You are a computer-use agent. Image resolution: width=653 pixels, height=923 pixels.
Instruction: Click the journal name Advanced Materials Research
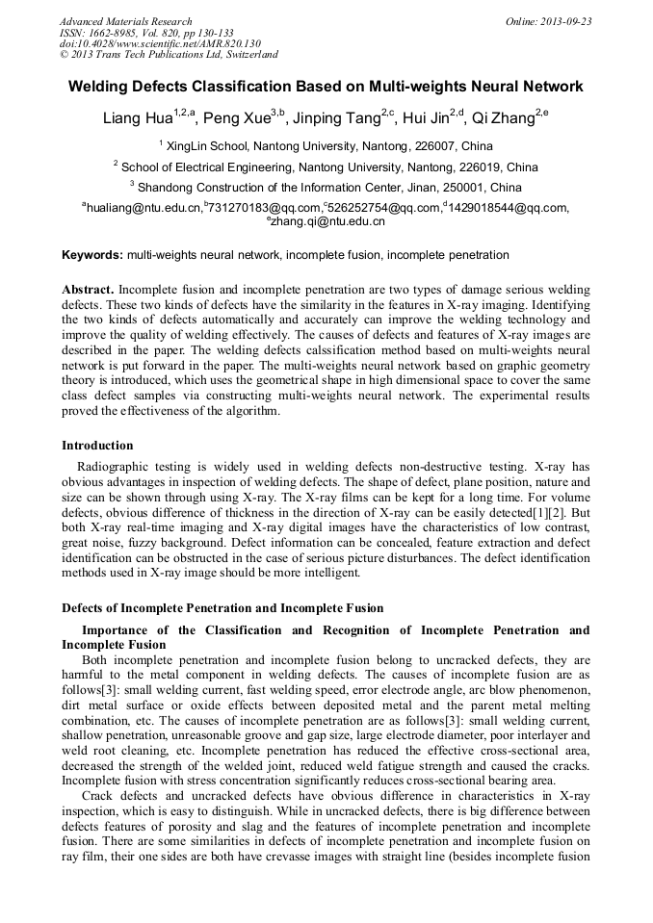click(x=125, y=21)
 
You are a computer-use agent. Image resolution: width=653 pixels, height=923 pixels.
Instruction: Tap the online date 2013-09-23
click(x=562, y=21)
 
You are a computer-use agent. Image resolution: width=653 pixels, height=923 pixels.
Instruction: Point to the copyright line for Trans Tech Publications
click(x=169, y=56)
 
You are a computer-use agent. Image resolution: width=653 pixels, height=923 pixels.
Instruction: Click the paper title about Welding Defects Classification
click(x=326, y=87)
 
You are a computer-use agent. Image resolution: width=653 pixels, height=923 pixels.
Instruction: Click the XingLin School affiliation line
click(x=326, y=147)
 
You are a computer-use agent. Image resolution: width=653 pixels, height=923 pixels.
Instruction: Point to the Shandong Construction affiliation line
click(x=326, y=188)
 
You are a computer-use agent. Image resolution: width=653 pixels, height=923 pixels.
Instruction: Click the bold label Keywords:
click(x=92, y=255)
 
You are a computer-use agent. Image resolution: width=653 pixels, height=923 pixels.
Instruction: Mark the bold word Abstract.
click(x=88, y=290)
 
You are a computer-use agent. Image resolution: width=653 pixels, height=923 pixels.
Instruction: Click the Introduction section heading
click(x=97, y=446)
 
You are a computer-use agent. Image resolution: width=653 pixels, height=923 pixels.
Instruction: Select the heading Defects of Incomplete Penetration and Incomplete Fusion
click(x=222, y=607)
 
